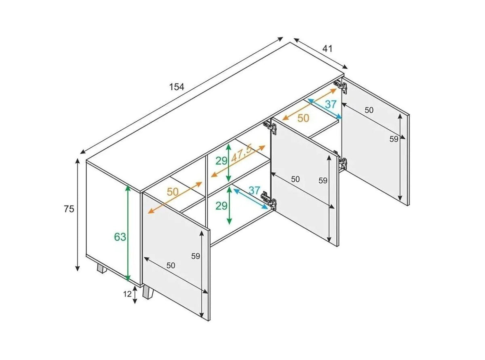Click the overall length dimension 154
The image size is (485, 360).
177,87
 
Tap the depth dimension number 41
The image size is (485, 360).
327,49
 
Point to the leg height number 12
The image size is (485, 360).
127,294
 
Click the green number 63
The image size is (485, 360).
120,237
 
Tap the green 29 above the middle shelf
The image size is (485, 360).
221,161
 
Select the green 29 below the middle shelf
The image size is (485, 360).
221,206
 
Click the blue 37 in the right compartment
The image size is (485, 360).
331,104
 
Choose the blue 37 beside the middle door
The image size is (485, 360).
253,190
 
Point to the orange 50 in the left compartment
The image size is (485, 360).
173,192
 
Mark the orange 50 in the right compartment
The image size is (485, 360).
303,118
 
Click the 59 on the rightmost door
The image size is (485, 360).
394,139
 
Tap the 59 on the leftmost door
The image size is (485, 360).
196,256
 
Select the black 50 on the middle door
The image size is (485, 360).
295,179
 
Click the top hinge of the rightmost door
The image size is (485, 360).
340,86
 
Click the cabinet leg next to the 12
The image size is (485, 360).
148,294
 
